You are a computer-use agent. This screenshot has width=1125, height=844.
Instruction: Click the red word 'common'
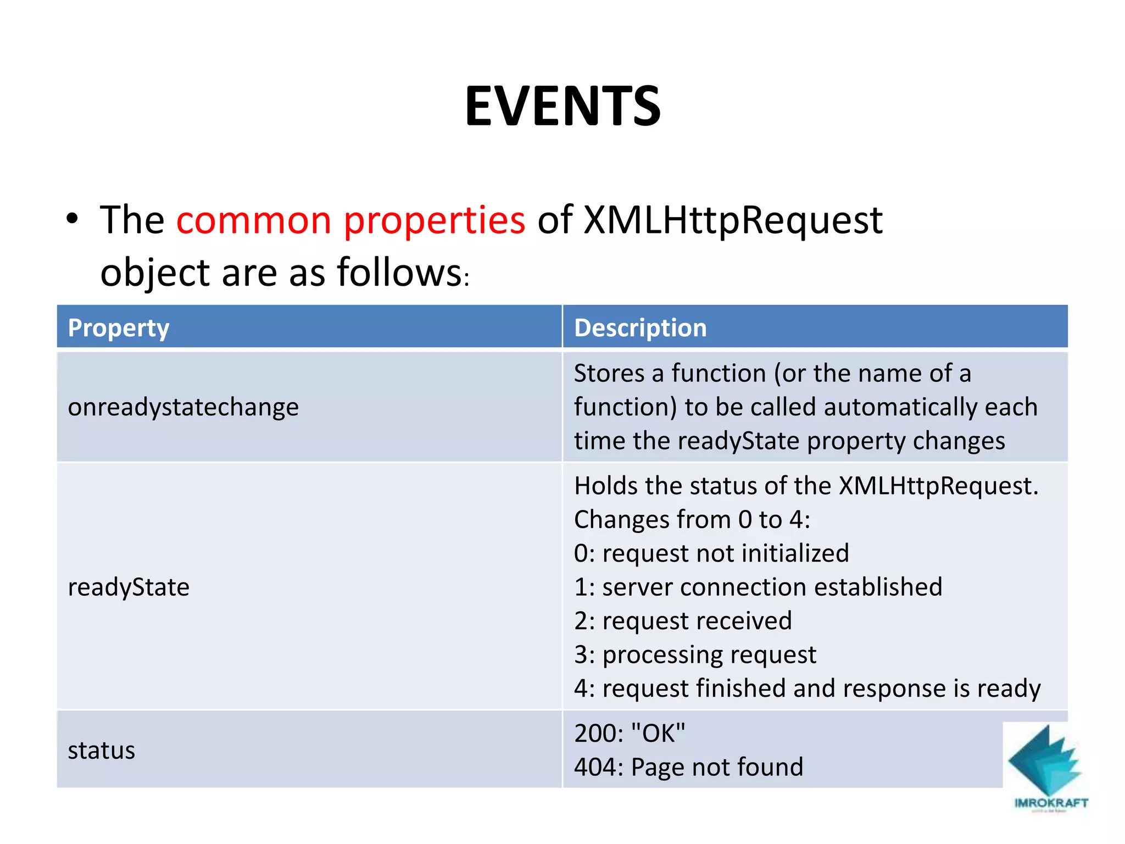[x=254, y=220]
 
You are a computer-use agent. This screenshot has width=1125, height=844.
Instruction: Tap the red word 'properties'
[x=434, y=220]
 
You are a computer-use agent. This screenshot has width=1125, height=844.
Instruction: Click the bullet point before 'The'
[x=72, y=219]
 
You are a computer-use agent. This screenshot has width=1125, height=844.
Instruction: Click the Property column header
[x=119, y=327]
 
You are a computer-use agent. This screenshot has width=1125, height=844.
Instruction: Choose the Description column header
[x=640, y=327]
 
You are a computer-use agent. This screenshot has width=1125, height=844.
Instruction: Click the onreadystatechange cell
[x=183, y=407]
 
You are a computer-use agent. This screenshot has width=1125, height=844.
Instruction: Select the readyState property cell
[x=129, y=587]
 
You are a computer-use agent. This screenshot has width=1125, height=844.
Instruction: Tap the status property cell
[x=102, y=750]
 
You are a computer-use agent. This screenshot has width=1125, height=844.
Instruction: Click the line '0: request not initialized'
[x=711, y=553]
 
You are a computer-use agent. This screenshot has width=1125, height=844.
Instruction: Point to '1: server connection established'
[x=758, y=587]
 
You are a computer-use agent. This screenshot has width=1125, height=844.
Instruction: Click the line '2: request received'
[x=683, y=621]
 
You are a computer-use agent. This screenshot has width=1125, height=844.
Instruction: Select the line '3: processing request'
[x=695, y=654]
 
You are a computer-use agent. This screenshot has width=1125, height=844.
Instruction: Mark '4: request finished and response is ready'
[x=807, y=688]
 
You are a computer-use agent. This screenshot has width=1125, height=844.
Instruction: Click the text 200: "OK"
[x=630, y=734]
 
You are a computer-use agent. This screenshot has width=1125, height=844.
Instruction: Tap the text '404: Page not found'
[x=688, y=767]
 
